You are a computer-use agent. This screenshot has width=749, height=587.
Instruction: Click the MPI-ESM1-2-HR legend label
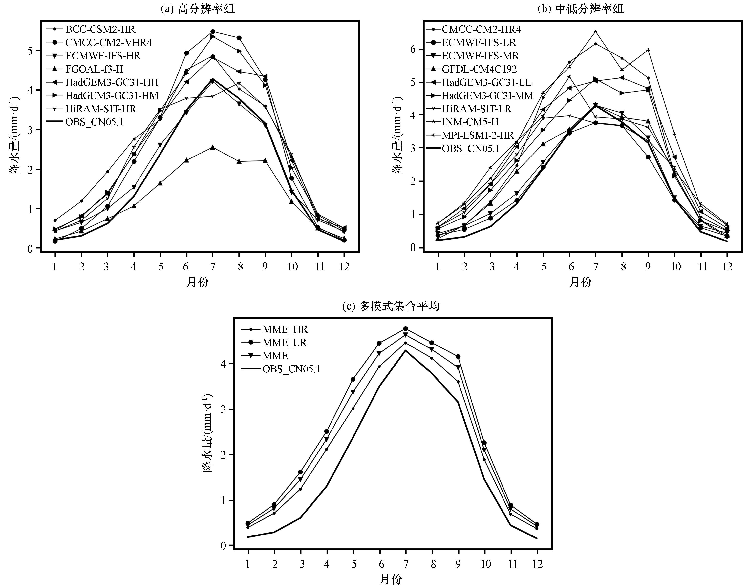point(478,135)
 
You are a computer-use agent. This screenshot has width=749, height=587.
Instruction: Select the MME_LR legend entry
point(284,342)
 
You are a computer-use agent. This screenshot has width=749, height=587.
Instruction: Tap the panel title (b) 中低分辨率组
point(580,9)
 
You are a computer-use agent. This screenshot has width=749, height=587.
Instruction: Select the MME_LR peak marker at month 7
point(406,329)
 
